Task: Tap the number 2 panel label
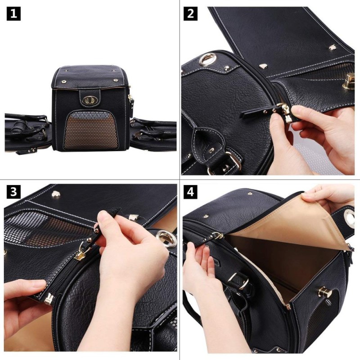(x=191, y=13)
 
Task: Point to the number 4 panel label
(x=191, y=192)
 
